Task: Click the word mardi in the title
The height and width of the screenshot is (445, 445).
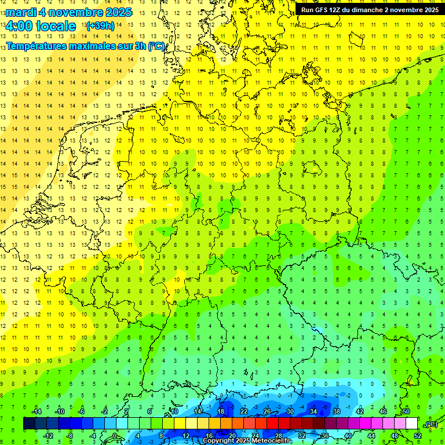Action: click(x=21, y=12)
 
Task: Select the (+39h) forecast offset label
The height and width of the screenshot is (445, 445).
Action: click(x=100, y=26)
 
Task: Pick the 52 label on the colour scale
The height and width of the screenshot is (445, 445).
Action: click(x=417, y=435)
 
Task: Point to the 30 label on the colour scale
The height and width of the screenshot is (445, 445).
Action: click(x=290, y=411)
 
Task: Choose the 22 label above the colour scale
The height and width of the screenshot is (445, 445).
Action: click(x=243, y=411)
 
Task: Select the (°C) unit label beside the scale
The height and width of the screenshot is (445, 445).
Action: click(x=431, y=424)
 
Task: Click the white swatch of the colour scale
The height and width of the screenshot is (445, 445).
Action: click(x=411, y=424)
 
